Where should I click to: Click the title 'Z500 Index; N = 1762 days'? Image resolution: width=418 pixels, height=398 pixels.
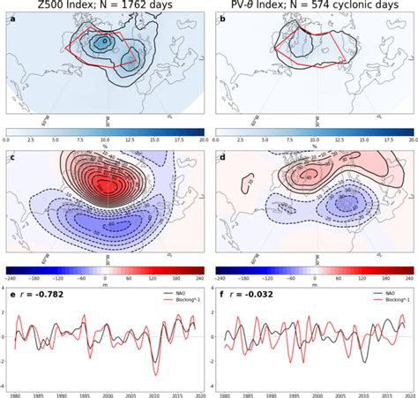[103, 7]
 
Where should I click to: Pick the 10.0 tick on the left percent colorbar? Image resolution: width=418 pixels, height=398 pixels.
[104, 139]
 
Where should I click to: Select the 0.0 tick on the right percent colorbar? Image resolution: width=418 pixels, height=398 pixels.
[218, 139]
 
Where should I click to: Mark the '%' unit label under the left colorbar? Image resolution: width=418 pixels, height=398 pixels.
[104, 147]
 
